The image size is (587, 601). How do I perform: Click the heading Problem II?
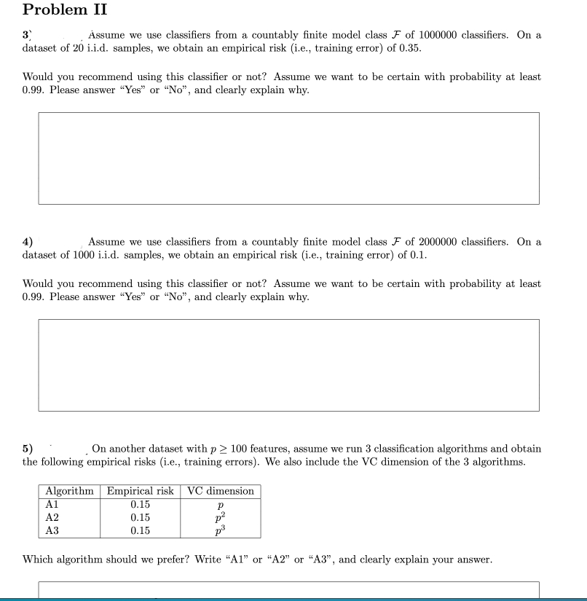click(x=65, y=10)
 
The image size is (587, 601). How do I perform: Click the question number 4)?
click(x=28, y=242)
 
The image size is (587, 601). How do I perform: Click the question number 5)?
click(x=28, y=449)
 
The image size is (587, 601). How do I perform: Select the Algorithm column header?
click(x=69, y=491)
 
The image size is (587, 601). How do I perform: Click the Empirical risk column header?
click(x=140, y=491)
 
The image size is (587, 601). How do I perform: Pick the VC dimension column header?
click(x=221, y=491)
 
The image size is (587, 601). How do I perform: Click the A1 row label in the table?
click(x=52, y=504)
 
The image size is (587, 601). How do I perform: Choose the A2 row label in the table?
click(x=52, y=517)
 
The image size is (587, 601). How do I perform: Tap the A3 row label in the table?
click(x=52, y=530)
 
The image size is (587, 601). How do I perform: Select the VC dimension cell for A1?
click(x=220, y=505)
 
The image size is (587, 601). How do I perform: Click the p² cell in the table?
click(x=221, y=517)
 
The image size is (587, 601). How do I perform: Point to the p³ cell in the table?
click(x=221, y=530)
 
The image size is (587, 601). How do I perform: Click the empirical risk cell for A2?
click(x=140, y=517)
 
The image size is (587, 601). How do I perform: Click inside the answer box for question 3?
click(x=288, y=158)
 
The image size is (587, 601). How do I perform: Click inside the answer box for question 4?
click(x=288, y=364)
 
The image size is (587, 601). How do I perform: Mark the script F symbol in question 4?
click(x=393, y=242)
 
